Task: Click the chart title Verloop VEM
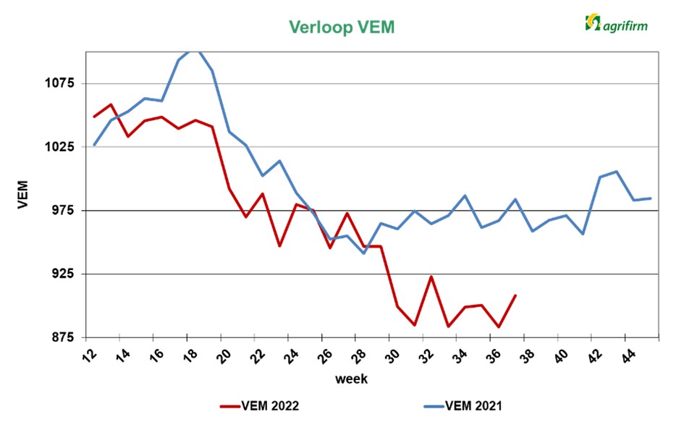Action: [342, 27]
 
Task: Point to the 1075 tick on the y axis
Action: [60, 83]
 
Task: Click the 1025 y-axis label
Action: [60, 147]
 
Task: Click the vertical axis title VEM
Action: [22, 194]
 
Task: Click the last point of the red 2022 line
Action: [515, 295]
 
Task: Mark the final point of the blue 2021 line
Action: [651, 198]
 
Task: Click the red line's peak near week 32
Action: [431, 276]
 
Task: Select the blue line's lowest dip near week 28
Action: [364, 253]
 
